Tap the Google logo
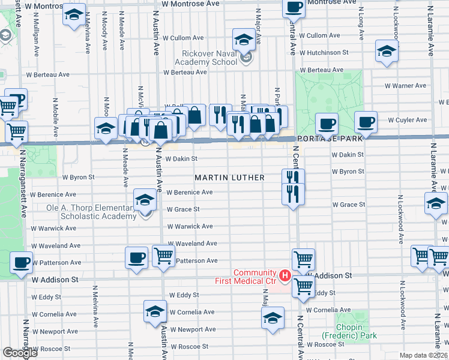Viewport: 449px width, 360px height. click(x=20, y=353)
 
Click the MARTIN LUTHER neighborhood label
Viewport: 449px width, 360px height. click(x=229, y=178)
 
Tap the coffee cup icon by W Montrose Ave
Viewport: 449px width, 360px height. click(x=294, y=7)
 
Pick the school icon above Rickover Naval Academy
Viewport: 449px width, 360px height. click(x=243, y=40)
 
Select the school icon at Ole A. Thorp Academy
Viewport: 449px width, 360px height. click(x=144, y=200)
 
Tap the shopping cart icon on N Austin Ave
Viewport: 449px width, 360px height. click(x=163, y=256)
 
